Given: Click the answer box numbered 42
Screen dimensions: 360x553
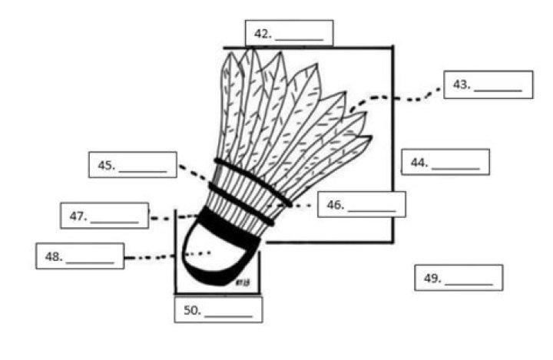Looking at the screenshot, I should click(289, 33).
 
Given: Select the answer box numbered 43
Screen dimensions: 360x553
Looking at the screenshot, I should click(488, 84).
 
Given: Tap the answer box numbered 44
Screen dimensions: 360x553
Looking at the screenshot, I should click(445, 162).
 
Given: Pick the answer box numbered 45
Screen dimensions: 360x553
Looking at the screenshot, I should click(132, 165).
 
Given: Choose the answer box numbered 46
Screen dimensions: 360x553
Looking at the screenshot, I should click(361, 204).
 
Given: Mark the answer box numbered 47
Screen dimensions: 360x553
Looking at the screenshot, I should click(104, 216).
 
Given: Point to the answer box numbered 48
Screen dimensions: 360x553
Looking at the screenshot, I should click(80, 256).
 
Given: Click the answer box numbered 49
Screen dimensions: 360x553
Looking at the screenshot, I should click(459, 278).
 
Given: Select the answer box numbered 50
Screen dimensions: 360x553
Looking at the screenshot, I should click(218, 309).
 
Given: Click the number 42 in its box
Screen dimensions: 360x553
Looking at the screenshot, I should click(263, 34).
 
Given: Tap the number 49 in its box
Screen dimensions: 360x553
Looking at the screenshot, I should click(431, 279).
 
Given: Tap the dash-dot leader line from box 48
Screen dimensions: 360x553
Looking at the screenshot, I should click(165, 255).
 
